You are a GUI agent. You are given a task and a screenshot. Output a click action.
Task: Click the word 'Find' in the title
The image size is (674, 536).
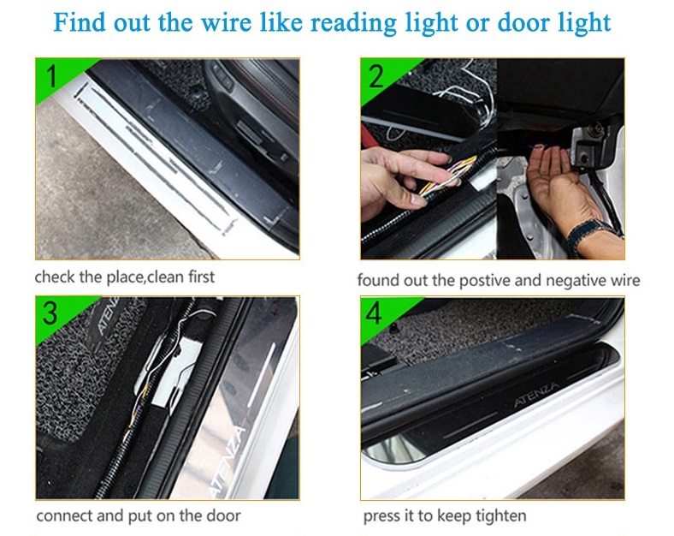point(79,22)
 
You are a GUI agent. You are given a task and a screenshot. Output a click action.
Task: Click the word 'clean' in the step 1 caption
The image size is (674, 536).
point(165,277)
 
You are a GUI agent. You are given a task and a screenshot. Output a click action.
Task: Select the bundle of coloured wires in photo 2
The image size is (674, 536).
point(447,177)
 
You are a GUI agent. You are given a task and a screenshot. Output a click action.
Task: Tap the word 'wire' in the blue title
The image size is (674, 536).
point(226,22)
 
